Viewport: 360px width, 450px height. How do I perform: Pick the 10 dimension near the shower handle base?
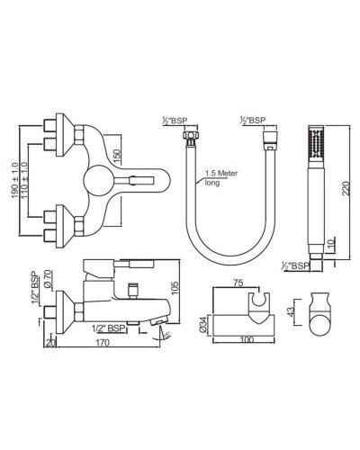pos(331,246)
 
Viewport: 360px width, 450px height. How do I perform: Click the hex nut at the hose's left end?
pos(191,136)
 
